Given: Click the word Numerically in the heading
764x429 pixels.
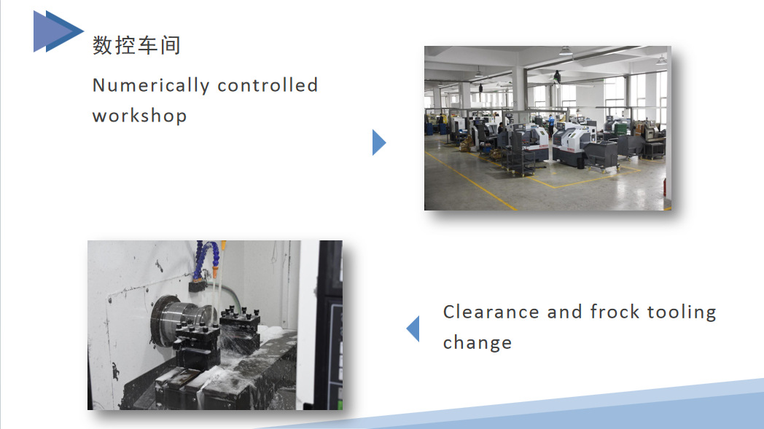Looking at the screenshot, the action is (x=151, y=85).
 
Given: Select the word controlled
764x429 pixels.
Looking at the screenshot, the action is (x=268, y=84).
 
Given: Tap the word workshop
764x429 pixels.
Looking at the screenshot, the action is (x=139, y=116).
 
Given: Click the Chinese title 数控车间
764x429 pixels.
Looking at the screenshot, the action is (x=136, y=45).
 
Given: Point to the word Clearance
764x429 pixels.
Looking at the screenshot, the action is (x=491, y=312).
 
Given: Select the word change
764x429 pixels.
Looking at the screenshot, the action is (x=477, y=342).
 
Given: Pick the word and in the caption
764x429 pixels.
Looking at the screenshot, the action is (x=564, y=312).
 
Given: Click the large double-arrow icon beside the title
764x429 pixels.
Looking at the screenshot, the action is (x=58, y=31).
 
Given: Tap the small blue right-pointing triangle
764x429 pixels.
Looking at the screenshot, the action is (x=379, y=142).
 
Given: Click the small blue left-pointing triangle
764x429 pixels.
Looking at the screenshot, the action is (x=413, y=328).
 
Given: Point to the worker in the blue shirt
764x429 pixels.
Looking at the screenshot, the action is (x=551, y=124).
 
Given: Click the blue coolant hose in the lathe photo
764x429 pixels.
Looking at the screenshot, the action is (x=205, y=258).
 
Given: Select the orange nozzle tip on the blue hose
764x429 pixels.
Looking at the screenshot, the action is (x=215, y=271).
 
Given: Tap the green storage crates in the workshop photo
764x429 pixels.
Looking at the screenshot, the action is (x=621, y=129).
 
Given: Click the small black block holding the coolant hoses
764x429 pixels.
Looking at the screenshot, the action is (x=198, y=286).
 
